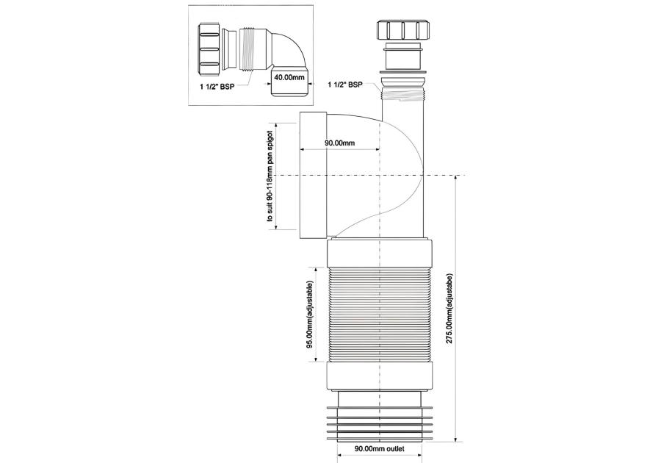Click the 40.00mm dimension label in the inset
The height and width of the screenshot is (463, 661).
pyautogui.click(x=289, y=78)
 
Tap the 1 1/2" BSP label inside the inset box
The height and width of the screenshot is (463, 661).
pyautogui.click(x=217, y=87)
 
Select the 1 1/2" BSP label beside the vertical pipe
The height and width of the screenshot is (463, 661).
pyautogui.click(x=345, y=85)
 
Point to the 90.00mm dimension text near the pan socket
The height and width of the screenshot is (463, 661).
pyautogui.click(x=339, y=143)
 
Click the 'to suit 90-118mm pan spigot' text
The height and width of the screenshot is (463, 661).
pyautogui.click(x=270, y=176)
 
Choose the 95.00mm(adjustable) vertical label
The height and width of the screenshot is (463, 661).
pyautogui.click(x=309, y=315)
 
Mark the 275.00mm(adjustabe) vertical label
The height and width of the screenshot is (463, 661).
pyautogui.click(x=449, y=309)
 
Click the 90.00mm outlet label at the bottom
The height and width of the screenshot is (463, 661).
pyautogui.click(x=380, y=448)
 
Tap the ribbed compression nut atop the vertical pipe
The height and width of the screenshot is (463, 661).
pyautogui.click(x=403, y=30)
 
